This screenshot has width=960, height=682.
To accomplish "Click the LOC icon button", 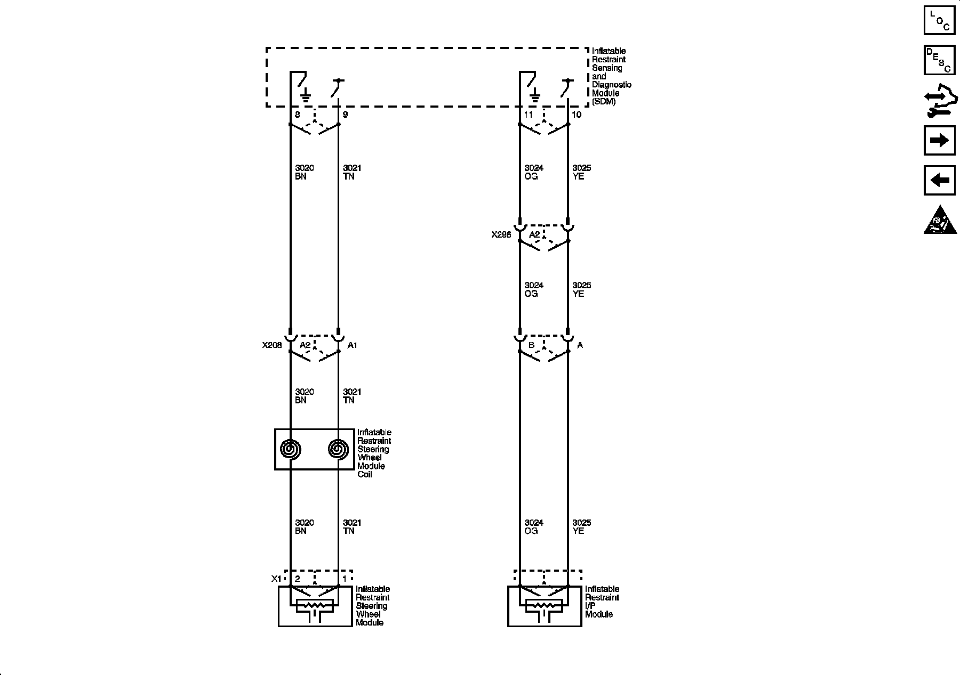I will (939, 20).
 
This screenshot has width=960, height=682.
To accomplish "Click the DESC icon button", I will (939, 60).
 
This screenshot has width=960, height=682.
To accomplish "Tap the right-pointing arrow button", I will (939, 141).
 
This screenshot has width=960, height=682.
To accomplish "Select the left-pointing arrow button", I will (939, 180).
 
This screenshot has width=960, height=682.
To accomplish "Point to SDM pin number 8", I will (297, 115).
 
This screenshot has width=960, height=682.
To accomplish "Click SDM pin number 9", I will (345, 115).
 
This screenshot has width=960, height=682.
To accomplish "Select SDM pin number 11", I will (529, 115).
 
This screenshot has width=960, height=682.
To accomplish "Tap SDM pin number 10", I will (576, 115).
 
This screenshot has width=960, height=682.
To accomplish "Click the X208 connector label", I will (272, 345).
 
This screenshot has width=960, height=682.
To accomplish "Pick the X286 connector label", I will (501, 234).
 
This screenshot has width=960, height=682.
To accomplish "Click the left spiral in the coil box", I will (291, 449).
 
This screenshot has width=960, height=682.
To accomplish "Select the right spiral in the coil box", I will (338, 449).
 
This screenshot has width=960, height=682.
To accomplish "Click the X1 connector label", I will (276, 579).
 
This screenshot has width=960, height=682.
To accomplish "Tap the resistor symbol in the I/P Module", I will (544, 606).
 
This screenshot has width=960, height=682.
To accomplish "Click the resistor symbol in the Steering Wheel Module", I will (315, 606).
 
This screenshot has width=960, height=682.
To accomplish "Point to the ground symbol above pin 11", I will (535, 96).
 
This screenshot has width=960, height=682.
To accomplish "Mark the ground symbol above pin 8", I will (306, 96).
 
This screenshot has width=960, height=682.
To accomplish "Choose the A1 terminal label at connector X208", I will (353, 345).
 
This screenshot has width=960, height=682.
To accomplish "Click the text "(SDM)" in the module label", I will (604, 102).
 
